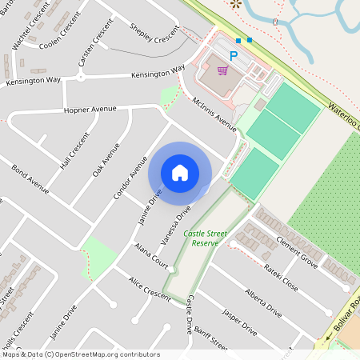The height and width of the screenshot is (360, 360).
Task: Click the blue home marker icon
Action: (x=180, y=173)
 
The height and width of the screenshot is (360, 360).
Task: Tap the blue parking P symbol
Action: (x=234, y=56)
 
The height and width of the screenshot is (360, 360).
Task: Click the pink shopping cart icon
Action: (x=222, y=70)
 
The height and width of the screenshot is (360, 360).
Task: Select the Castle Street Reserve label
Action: (x=206, y=238)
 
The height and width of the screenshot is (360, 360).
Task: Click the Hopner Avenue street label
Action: (x=90, y=108)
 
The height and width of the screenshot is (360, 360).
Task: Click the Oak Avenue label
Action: (x=106, y=160)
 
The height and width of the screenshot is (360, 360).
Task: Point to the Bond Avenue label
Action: (x=30, y=179)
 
